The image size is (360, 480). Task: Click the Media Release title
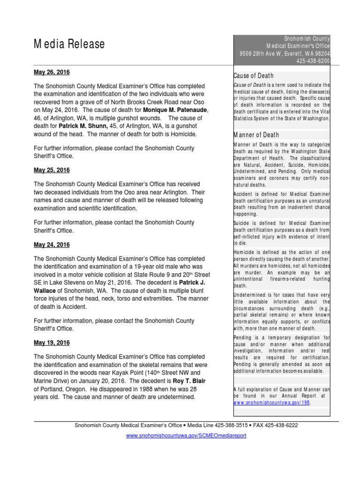[x=69, y=45]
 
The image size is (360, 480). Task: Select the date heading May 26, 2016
[x=52, y=73]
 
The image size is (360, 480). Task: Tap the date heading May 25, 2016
[x=52, y=170]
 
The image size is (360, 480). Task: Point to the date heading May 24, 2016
[x=52, y=245]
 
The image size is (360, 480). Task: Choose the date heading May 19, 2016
[x=52, y=343]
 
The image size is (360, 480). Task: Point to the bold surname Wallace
[x=47, y=290]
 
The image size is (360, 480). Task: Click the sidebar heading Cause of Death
[x=254, y=76]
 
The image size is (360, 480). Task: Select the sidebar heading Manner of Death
[x=256, y=135]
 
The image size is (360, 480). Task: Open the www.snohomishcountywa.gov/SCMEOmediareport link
[x=186, y=435]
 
